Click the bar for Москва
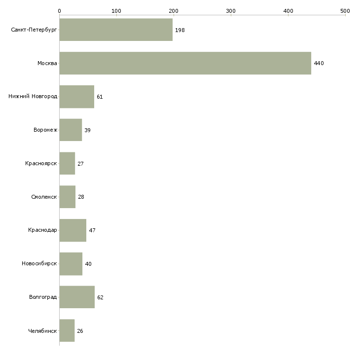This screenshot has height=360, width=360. click(x=185, y=63)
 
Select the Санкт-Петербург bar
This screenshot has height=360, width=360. click(x=116, y=30)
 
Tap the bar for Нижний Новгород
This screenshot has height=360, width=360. click(x=76, y=97)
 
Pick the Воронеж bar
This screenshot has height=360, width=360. click(x=71, y=130)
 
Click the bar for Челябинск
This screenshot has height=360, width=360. click(x=67, y=330)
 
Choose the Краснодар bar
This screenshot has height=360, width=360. click(x=73, y=230)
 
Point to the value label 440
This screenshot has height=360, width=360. click(x=319, y=63)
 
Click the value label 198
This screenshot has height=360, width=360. click(x=180, y=30)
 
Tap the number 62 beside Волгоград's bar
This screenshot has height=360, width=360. click(x=100, y=297)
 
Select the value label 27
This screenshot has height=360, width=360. click(x=80, y=164)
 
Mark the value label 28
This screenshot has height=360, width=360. click(x=81, y=197)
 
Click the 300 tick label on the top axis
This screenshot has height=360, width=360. click(x=231, y=11)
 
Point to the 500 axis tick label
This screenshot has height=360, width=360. click(x=345, y=11)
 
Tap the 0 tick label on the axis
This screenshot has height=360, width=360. click(x=60, y=11)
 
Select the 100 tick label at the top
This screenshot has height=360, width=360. click(x=116, y=11)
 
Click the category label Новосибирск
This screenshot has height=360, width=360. click(x=39, y=263)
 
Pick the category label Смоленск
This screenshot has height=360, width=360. click(x=44, y=197)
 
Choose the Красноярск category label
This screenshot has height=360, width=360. click(x=41, y=163)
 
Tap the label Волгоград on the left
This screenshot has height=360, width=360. click(x=43, y=297)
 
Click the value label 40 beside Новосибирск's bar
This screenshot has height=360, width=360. click(x=88, y=264)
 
